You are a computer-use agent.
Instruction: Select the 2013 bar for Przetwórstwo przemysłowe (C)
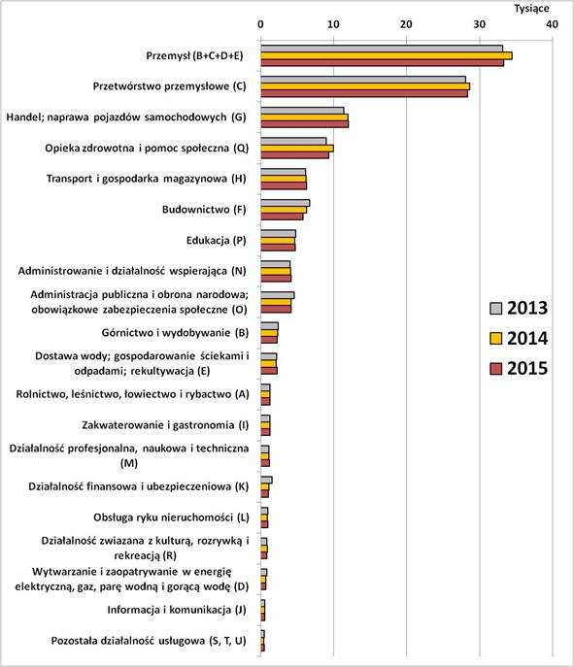[x=363, y=80]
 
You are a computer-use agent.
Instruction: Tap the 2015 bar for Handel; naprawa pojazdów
[x=304, y=124]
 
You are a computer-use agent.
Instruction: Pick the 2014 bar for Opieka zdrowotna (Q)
[x=297, y=148]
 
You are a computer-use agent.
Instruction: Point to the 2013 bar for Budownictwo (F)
[x=285, y=203]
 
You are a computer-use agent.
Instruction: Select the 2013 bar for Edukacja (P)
[x=278, y=233]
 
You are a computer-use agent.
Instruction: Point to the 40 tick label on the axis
[x=552, y=22]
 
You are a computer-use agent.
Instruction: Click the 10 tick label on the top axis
[x=333, y=22]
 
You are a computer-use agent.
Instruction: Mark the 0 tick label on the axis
[x=260, y=22]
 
